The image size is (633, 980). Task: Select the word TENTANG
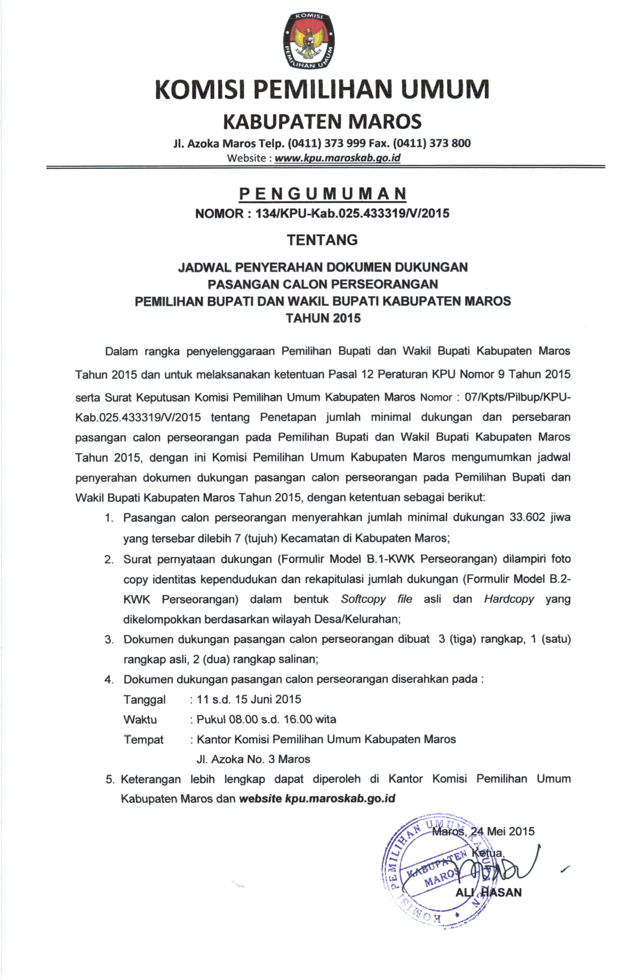[322, 240]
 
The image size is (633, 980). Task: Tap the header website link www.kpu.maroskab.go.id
[337, 158]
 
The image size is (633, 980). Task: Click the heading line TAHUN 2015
[323, 318]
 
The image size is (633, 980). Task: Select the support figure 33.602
[527, 517]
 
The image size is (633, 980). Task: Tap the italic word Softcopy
[363, 599]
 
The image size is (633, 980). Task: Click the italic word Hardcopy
[509, 599]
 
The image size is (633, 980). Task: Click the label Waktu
[140, 720]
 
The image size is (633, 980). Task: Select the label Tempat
[143, 740]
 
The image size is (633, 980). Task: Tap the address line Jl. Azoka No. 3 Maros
[253, 759]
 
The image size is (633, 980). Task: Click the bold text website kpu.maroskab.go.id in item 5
[317, 798]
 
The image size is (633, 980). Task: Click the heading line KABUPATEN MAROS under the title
[322, 121]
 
